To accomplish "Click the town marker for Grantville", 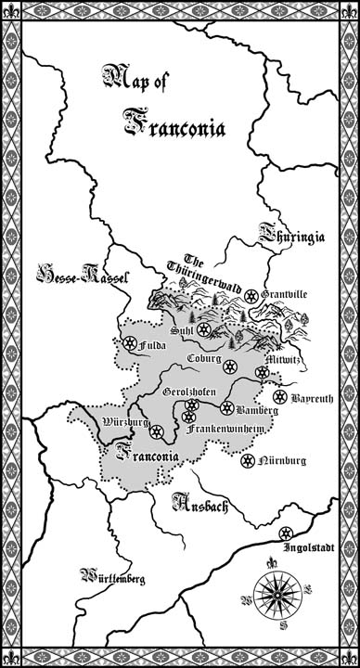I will [251, 296].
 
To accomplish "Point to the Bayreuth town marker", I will [281, 400].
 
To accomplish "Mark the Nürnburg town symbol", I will [248, 460].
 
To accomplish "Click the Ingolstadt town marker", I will [284, 532].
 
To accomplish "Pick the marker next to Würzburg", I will [157, 431].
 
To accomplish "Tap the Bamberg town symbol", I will [225, 407].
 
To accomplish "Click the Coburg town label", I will [203, 358].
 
